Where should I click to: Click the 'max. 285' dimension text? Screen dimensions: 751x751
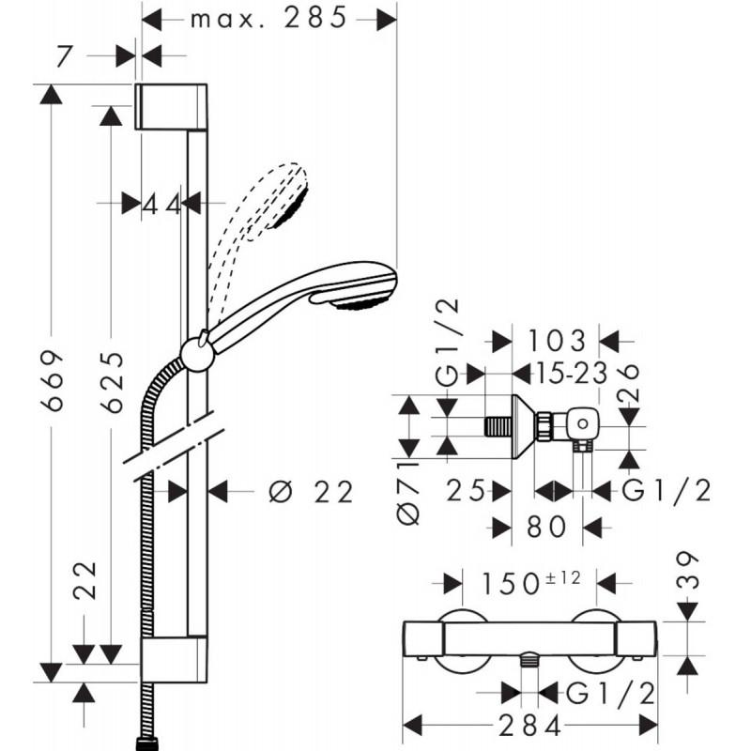pos(268,18)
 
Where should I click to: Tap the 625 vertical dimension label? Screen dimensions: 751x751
pos(112,382)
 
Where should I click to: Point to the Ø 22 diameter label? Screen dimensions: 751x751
pos(311,491)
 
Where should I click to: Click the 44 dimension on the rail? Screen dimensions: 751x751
pos(161,203)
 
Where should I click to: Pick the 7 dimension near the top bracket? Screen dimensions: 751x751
pos(64,55)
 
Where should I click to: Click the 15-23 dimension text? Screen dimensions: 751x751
pos(560,373)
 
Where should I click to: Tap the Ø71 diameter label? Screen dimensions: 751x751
pos(408,492)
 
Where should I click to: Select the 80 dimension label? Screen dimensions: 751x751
pos(544,527)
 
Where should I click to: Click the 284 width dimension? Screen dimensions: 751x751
pos(529,726)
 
